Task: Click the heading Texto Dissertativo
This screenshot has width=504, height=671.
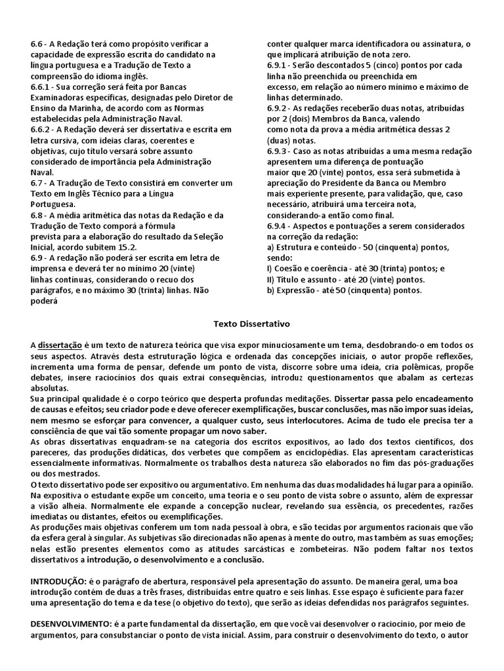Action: pyautogui.click(x=251, y=324)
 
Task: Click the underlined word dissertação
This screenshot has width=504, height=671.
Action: pyautogui.click(x=60, y=345)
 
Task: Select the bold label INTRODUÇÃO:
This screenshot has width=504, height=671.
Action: pyautogui.click(x=58, y=581)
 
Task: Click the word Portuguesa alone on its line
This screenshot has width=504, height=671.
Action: pyautogui.click(x=53, y=204)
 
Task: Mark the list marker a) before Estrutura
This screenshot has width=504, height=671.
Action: pyautogui.click(x=270, y=246)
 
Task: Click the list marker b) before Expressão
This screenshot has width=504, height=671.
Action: pyautogui.click(x=270, y=290)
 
